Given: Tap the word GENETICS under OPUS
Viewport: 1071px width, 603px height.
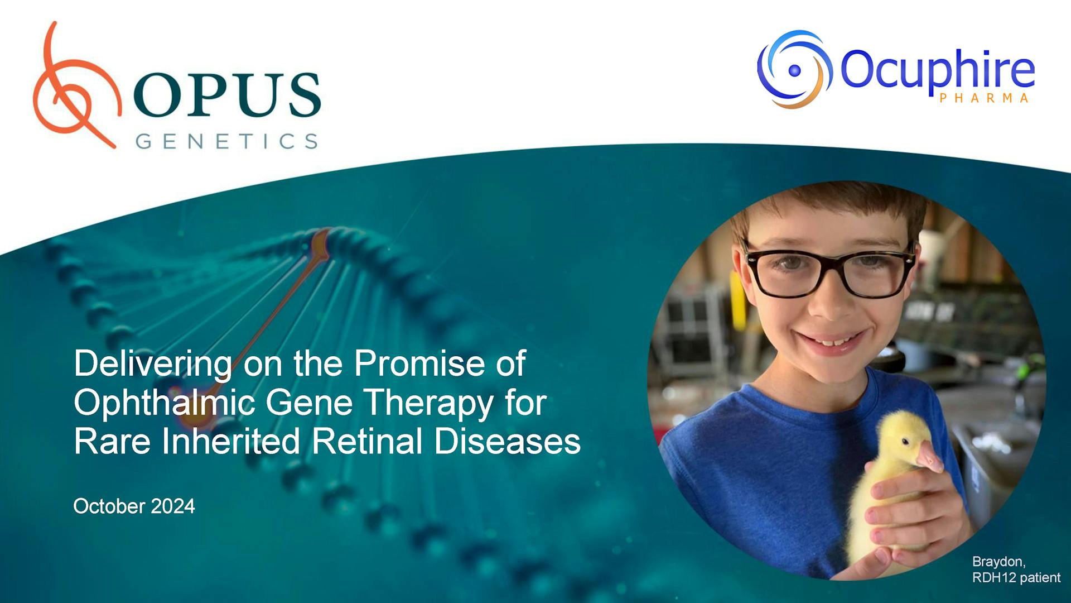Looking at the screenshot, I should point(226,141).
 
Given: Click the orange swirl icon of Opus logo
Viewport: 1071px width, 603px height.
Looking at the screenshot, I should point(75,89).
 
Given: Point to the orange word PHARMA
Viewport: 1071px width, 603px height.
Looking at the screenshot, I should point(984,98).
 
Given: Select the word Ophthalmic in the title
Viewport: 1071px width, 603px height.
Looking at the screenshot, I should point(164,403).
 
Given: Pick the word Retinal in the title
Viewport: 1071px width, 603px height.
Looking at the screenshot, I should point(368,442).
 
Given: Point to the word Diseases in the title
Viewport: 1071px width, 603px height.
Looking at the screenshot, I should point(507,442).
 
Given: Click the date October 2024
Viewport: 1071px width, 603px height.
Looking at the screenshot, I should point(134,506).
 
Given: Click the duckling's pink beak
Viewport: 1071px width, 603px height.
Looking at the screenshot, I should point(929,456).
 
